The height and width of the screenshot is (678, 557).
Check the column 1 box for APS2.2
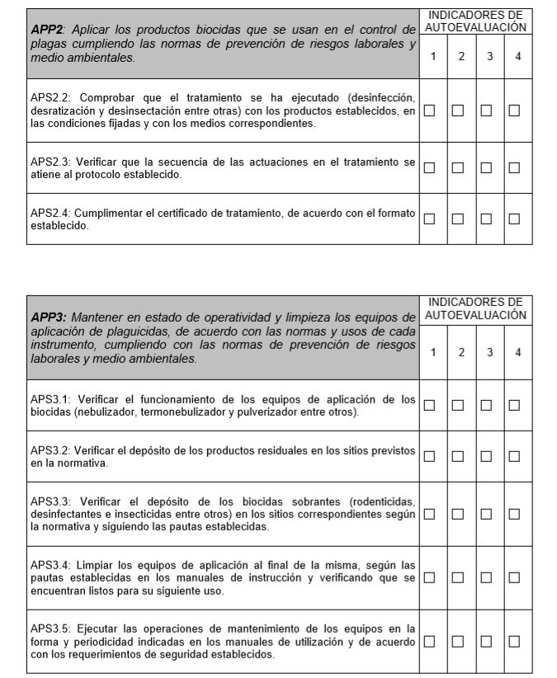tap(429, 110)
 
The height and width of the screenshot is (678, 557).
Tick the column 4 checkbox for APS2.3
tap(514, 168)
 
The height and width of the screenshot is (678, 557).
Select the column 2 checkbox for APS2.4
tap(457, 219)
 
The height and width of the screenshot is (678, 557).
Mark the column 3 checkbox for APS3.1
tap(486, 405)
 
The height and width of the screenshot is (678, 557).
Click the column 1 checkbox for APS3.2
tap(429, 456)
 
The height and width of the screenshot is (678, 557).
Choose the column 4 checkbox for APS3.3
tap(514, 514)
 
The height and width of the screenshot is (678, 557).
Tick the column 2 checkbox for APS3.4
tap(457, 578)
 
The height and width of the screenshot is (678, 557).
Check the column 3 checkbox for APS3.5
tap(486, 641)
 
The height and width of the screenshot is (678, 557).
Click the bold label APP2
tap(47, 30)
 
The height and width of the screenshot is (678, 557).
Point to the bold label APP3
tap(48, 318)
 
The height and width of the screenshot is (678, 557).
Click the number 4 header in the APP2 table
tap(517, 56)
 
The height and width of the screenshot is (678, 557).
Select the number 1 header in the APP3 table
tap(434, 353)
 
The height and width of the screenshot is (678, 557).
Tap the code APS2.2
tap(51, 97)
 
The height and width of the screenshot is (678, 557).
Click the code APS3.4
tap(51, 565)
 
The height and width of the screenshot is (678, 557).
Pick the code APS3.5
tap(51, 629)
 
